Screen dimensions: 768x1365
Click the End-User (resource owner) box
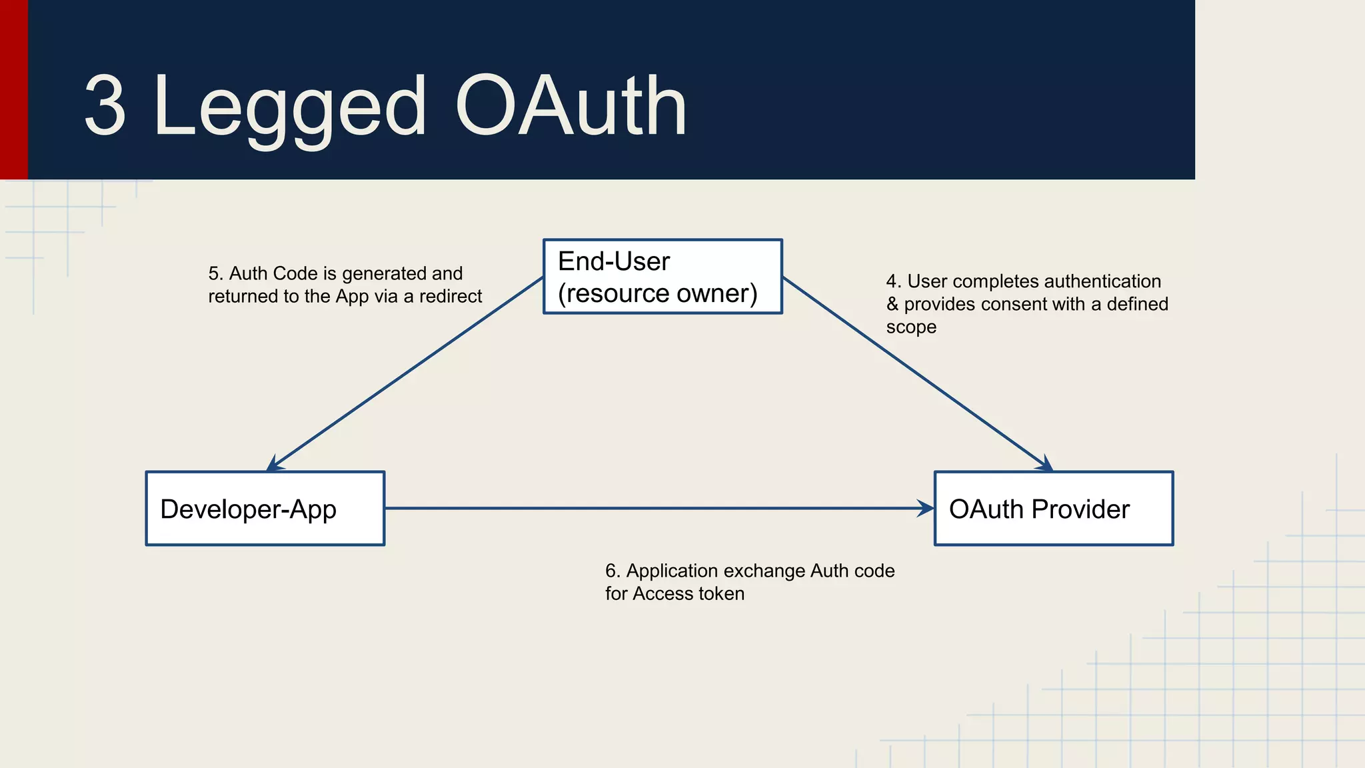pyautogui.click(x=663, y=277)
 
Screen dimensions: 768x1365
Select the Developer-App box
pyautogui.click(x=265, y=509)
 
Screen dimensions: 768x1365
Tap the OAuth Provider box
pyautogui.click(x=1054, y=509)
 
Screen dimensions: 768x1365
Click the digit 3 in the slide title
pyautogui.click(x=105, y=105)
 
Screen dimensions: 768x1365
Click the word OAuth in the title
pyautogui.click(x=571, y=105)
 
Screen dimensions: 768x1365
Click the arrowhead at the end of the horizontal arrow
pyautogui.click(x=926, y=509)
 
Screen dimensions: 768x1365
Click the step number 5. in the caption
pyautogui.click(x=215, y=273)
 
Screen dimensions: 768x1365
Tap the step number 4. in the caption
pyautogui.click(x=893, y=281)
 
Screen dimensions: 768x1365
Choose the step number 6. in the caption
pyautogui.click(x=612, y=571)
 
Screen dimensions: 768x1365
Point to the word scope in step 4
pyautogui.click(x=910, y=327)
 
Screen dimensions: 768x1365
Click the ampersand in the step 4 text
pyautogui.click(x=892, y=304)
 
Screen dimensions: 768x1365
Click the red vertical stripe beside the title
pyautogui.click(x=13, y=89)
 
